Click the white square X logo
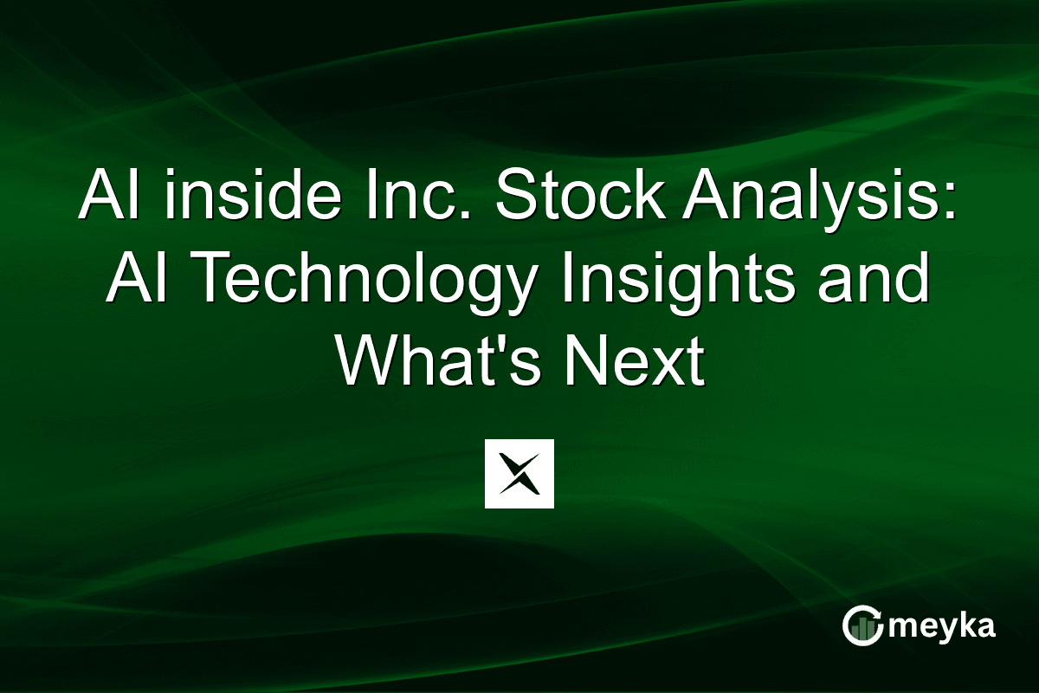[519, 473]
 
